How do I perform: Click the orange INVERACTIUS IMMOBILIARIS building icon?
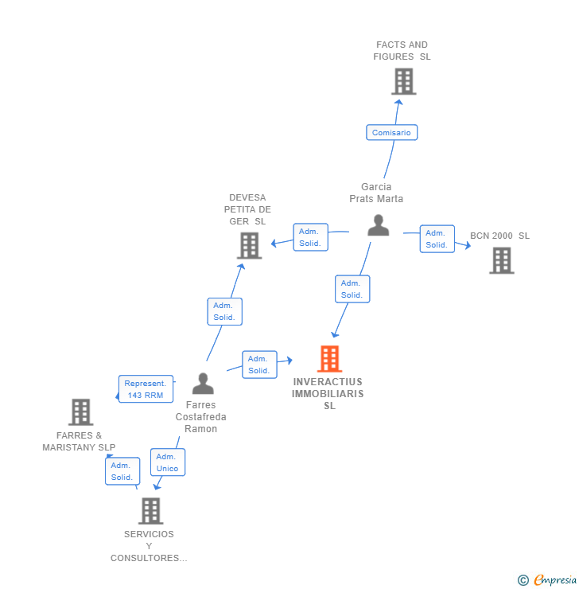tap(329, 359)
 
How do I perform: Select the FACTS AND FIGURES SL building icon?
tap(403, 81)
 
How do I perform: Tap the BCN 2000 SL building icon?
tap(501, 260)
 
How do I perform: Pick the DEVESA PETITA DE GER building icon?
tap(250, 245)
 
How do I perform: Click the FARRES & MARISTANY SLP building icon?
tap(80, 412)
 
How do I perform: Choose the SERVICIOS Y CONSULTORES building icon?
tap(150, 511)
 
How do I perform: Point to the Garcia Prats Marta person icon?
tap(378, 225)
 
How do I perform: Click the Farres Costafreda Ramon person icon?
tap(203, 384)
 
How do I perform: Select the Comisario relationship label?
tap(391, 132)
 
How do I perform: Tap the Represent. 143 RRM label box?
tap(146, 389)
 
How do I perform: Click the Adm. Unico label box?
tap(167, 462)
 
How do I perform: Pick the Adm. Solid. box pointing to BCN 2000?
tap(437, 239)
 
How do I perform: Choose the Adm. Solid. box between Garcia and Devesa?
tap(310, 237)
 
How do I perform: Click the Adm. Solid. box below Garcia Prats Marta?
tap(352, 289)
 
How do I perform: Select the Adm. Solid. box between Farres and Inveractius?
tap(258, 365)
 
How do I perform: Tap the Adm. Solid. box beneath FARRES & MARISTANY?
tap(122, 471)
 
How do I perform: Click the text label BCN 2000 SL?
tap(499, 236)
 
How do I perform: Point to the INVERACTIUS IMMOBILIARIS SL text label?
tap(328, 393)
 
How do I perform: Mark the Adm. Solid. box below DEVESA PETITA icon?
tap(224, 311)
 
